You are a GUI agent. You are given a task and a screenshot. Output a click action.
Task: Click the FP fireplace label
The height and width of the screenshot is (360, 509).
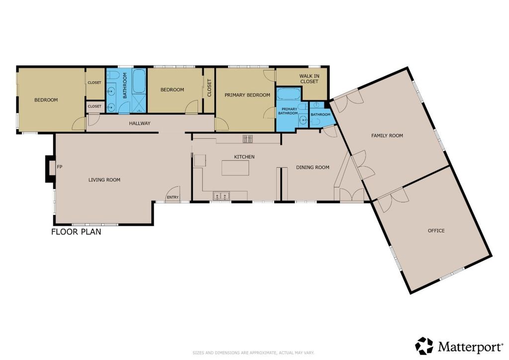60,167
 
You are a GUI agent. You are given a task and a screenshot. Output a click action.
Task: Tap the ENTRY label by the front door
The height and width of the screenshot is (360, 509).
172,197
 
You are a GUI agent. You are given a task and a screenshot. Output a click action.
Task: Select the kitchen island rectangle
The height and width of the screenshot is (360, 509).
236,168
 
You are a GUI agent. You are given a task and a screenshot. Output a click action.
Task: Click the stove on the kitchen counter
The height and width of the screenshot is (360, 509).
248,139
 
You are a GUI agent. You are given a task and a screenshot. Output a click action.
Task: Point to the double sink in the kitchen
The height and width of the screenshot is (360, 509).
221,196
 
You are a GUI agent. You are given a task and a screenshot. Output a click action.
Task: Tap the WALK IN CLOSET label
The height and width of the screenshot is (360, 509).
309,79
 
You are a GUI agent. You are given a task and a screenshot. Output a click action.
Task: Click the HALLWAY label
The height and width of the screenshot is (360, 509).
140,123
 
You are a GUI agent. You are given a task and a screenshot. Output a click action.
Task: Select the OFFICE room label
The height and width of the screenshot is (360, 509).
436,231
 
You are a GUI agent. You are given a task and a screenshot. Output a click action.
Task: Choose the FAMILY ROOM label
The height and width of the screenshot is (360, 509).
387,135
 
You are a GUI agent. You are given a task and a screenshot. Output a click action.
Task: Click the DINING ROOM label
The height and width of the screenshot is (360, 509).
313,167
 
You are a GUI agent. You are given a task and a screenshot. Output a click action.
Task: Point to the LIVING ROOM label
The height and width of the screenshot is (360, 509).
104,180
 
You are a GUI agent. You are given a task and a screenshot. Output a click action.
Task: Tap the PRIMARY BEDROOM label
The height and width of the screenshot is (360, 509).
248,95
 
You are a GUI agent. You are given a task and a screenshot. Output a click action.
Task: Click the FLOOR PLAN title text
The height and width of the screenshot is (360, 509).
76,232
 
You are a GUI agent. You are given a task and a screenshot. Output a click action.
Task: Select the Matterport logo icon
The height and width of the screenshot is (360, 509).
424,346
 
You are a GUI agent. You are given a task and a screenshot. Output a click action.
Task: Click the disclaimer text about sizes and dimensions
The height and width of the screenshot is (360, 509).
254,353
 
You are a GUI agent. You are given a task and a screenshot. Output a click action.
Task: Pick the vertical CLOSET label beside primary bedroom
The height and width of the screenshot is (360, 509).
209,88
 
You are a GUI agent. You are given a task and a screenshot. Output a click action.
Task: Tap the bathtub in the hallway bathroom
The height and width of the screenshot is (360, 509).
139,81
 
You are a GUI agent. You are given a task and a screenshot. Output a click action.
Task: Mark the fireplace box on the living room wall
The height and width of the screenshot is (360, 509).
50,169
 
